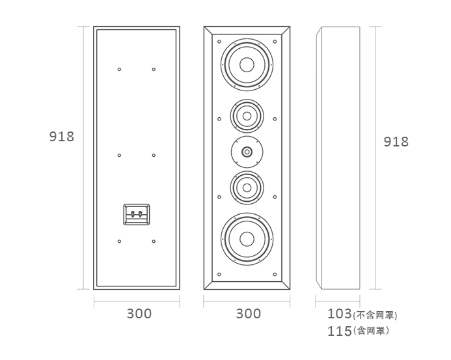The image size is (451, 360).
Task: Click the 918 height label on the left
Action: [x=62, y=137]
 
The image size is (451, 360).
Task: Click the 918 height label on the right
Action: [x=396, y=142]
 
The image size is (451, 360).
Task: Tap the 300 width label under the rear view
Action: [x=139, y=314]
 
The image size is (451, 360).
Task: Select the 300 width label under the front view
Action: [x=248, y=314]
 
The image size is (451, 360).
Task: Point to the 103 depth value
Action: [x=339, y=314]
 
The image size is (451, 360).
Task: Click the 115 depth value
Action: [x=339, y=331]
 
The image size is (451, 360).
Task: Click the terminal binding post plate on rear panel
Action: [x=137, y=214]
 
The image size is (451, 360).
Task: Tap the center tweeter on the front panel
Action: [x=247, y=152]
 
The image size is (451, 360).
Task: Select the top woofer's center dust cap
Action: [x=247, y=64]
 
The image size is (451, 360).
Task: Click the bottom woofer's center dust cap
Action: [x=247, y=238]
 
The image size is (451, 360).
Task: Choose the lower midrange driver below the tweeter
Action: [x=247, y=188]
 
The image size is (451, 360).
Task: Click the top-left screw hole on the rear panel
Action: [x=120, y=69]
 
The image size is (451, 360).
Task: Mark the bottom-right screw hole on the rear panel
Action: [x=154, y=242]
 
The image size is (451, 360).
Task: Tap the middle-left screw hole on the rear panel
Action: [x=120, y=155]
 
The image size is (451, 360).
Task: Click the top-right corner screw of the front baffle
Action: [x=275, y=42]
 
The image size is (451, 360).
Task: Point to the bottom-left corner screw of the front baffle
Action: [x=219, y=274]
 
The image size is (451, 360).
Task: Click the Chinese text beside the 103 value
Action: [x=375, y=315]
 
